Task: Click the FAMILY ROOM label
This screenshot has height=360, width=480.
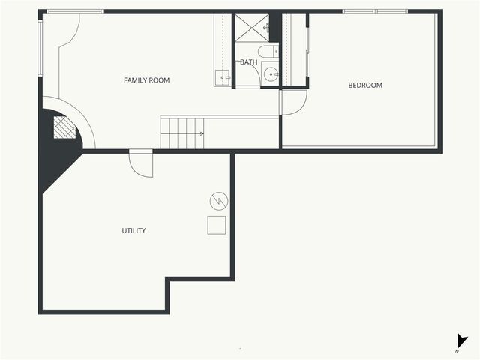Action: [147, 80]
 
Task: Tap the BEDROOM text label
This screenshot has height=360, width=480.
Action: [365, 85]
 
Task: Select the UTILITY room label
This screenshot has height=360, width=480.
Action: [133, 230]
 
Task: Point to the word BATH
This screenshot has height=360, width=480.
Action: [249, 62]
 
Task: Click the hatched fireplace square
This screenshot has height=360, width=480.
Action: [64, 127]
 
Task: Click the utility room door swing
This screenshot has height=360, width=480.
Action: [141, 163]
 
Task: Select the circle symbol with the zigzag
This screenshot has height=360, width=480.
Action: [217, 200]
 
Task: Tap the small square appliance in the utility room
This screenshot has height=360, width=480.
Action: [217, 225]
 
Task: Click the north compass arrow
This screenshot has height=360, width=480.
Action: [462, 340]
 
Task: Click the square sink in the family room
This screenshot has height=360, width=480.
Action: [222, 76]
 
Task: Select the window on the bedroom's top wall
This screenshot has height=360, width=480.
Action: [375, 11]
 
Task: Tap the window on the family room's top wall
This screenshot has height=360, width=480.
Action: [74, 11]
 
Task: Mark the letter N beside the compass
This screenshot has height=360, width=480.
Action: [457, 351]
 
